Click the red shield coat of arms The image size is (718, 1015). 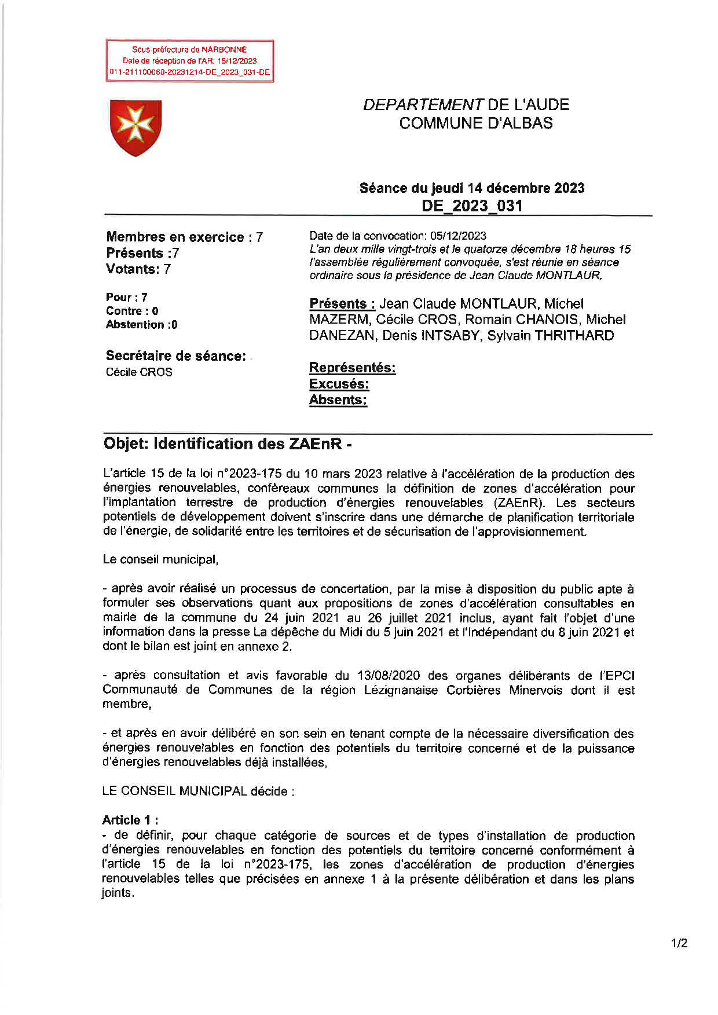click(x=135, y=127)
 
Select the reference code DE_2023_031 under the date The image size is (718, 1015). click(x=472, y=206)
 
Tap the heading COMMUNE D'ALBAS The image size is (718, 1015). click(x=475, y=123)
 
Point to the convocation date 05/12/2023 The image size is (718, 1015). click(x=458, y=236)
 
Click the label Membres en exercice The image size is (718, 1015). click(x=175, y=237)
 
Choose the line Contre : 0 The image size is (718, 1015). click(x=132, y=311)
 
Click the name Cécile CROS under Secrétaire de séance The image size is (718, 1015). click(x=139, y=372)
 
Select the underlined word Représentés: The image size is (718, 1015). click(x=352, y=368)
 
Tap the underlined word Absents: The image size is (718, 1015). click(x=338, y=400)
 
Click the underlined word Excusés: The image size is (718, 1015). click(x=339, y=384)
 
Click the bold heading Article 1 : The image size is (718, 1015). click(x=130, y=820)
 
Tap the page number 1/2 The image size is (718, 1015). click(x=679, y=943)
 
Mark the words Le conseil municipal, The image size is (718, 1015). click(x=160, y=560)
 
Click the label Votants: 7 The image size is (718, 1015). click(x=138, y=269)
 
